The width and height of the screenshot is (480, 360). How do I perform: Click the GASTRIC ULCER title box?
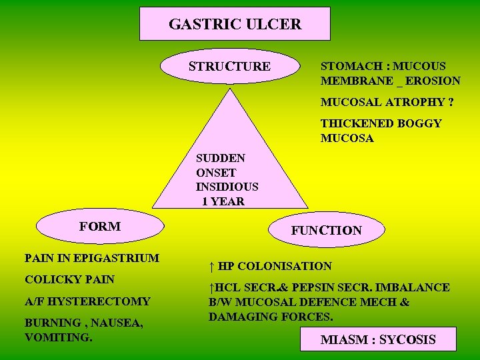(235, 24)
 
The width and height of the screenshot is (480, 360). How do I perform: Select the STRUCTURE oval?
(229, 66)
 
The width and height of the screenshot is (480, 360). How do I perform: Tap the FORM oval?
(99, 226)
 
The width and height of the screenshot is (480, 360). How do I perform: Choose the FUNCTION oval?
(326, 230)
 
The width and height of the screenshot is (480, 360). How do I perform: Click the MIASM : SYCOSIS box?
(378, 340)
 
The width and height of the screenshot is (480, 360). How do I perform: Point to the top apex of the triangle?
(231, 89)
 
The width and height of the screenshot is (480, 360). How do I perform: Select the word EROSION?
(433, 81)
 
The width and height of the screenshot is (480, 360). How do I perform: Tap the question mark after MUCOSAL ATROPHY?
(451, 103)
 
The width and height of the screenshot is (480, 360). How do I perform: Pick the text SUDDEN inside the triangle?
(221, 159)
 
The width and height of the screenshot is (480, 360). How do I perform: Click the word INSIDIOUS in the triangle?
(227, 187)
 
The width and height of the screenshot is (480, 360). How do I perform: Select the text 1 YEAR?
(223, 201)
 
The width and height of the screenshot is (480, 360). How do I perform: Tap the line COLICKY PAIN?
(69, 279)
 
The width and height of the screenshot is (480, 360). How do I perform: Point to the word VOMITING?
(58, 337)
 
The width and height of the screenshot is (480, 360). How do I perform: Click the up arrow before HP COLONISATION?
(211, 267)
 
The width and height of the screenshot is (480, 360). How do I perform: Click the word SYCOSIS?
(407, 340)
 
